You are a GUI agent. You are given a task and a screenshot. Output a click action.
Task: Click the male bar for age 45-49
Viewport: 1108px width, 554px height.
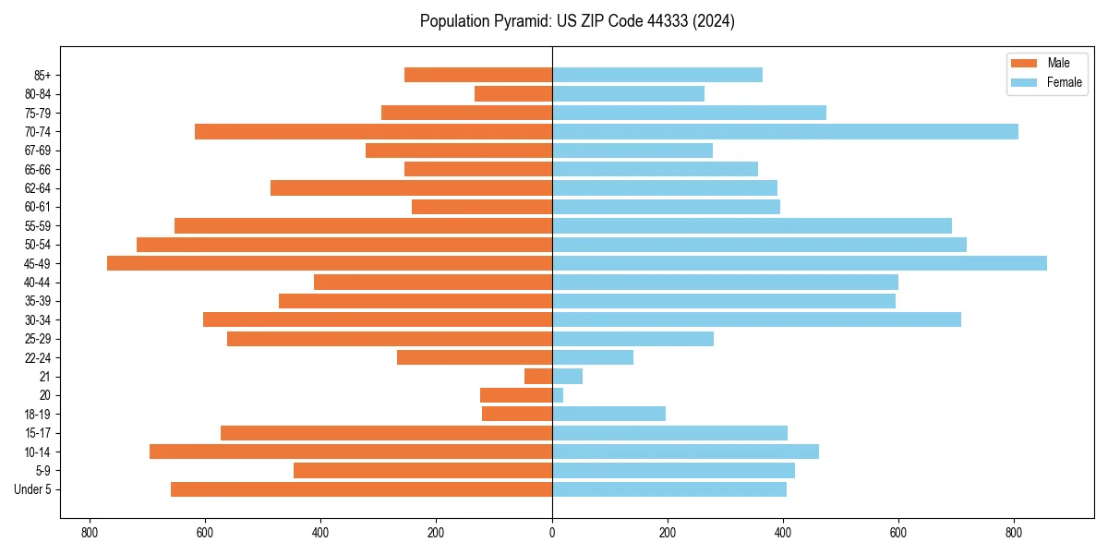pos(330,263)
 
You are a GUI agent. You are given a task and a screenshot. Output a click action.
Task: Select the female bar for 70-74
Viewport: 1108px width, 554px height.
pos(785,131)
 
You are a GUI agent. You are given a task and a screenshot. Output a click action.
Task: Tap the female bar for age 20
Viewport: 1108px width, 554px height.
pos(558,395)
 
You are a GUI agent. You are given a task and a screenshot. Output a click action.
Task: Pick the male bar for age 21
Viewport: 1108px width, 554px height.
pos(538,376)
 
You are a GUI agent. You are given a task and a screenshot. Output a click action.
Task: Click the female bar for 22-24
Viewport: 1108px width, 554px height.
pos(593,357)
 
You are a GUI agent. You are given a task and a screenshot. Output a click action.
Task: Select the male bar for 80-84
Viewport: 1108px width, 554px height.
pos(513,93)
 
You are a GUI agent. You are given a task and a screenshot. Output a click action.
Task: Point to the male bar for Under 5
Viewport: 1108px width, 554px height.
pos(361,489)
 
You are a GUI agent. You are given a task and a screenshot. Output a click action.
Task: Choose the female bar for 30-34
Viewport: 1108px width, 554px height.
pos(756,319)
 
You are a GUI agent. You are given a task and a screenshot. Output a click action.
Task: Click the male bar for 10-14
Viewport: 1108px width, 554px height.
pos(351,452)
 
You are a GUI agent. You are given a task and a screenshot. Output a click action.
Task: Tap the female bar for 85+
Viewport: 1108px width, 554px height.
pos(657,75)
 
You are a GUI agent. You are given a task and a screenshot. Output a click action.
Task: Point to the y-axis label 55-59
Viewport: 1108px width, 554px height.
pos(38,225)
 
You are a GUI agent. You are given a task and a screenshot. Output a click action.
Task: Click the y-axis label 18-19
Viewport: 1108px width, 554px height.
pos(38,414)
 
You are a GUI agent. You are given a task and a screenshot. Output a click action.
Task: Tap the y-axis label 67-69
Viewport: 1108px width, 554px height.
pos(38,151)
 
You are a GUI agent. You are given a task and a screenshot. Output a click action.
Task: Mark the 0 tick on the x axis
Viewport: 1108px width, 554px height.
pos(552,533)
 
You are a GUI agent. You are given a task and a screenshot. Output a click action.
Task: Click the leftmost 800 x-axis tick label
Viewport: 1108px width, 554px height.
pos(90,533)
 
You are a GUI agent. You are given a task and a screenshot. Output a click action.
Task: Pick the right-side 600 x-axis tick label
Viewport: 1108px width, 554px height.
pos(898,533)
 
